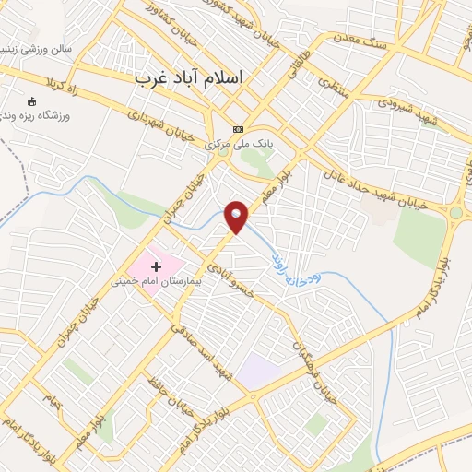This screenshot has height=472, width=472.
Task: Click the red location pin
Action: (237, 216)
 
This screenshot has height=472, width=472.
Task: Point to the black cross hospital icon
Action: (155, 266)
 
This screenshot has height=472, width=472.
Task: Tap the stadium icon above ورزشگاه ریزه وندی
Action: (32, 101)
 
